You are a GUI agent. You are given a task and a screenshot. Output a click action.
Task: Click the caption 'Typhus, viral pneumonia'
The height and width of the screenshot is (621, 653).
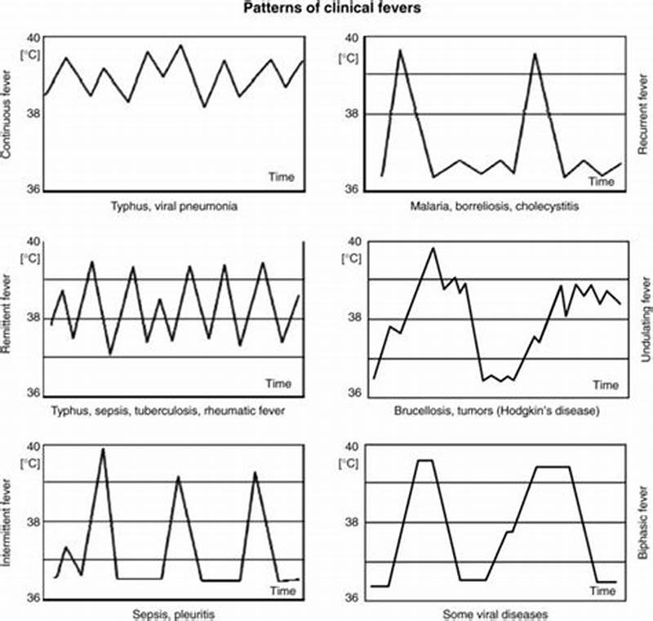coord(174,206)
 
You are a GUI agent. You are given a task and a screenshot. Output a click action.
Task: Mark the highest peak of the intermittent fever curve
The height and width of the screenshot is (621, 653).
coord(103,449)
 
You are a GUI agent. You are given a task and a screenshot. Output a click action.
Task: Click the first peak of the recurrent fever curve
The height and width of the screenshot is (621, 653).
coord(400,51)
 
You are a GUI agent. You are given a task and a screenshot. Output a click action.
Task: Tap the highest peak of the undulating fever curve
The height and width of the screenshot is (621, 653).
coord(433,248)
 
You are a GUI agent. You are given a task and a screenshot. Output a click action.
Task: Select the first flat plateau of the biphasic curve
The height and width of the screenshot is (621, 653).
coord(424,460)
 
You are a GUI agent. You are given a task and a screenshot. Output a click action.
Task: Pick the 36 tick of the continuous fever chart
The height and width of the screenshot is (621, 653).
coord(33,189)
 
